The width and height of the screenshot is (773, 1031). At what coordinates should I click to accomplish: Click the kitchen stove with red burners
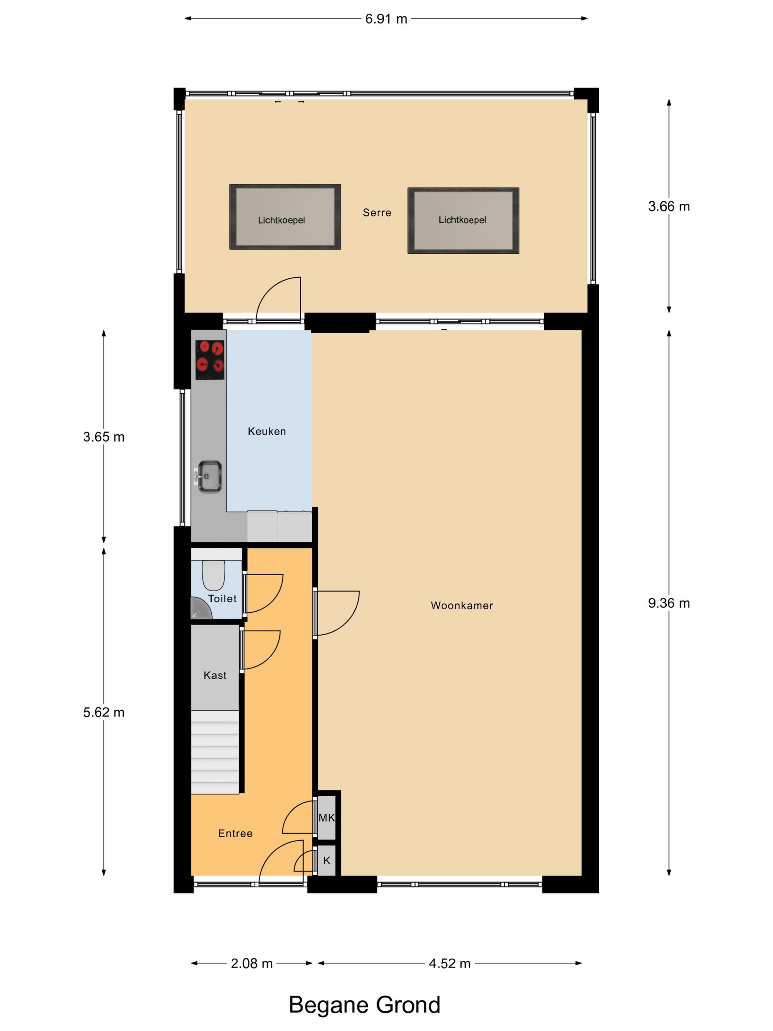210,360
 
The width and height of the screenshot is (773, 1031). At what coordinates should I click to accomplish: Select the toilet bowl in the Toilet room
213,575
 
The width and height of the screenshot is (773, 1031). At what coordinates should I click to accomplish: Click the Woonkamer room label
461,605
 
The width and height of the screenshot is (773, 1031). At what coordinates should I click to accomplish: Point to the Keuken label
267,431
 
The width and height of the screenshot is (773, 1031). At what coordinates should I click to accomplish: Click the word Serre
377,212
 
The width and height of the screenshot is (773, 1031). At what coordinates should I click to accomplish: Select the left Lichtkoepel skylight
285,217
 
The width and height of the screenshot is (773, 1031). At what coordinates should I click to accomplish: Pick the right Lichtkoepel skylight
463,221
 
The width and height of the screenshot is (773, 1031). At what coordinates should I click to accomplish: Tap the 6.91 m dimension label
386,19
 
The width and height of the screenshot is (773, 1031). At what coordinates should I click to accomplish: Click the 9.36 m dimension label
668,603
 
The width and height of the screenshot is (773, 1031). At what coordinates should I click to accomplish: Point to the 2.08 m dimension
252,963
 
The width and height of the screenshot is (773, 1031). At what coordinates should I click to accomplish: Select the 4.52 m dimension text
450,963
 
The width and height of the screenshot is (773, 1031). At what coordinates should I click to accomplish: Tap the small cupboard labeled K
327,861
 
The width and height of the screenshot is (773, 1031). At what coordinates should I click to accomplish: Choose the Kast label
215,675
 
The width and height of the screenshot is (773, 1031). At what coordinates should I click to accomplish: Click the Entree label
235,833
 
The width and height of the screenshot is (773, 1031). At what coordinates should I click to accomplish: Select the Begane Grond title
364,1005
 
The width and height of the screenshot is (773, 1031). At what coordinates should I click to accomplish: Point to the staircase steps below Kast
215,752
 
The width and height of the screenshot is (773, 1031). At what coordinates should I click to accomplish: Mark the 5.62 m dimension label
104,712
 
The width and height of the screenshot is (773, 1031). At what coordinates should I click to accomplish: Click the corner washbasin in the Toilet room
200,610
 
